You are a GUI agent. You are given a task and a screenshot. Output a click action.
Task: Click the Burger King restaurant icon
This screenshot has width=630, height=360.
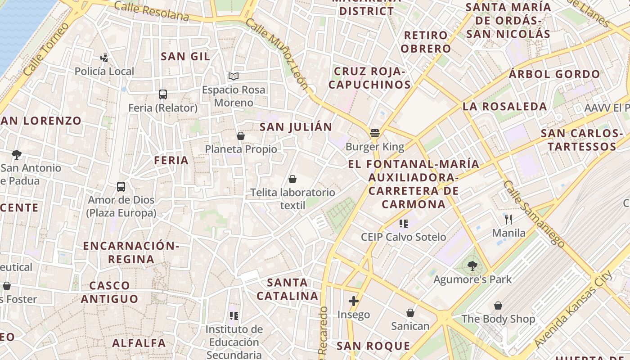pyautogui.click(x=374, y=133)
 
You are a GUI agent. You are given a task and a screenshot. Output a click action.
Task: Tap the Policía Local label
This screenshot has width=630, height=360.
pyautogui.click(x=104, y=71)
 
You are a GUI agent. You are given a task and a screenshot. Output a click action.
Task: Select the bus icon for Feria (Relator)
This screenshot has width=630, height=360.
pyautogui.click(x=163, y=94)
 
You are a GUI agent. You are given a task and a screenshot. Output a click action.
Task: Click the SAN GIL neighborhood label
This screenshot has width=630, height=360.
pyautogui.click(x=185, y=56)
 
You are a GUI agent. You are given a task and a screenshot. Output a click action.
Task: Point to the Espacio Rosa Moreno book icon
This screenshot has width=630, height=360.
pyautogui.click(x=233, y=76)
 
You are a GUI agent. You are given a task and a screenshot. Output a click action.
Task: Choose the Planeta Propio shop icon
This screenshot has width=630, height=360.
pyautogui.click(x=241, y=135)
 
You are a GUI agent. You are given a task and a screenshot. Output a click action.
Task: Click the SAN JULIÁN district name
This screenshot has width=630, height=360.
pyautogui.click(x=296, y=127)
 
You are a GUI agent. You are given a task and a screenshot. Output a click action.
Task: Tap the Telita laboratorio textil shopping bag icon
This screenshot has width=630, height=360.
pyautogui.click(x=292, y=179)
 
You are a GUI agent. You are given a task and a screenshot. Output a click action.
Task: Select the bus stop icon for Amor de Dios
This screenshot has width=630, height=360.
pyautogui.click(x=121, y=186)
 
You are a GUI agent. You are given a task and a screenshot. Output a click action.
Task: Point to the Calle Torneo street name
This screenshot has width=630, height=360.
pyautogui.click(x=46, y=49)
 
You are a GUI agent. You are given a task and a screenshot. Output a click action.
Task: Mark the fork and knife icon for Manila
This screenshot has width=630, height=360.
pyautogui.click(x=508, y=219)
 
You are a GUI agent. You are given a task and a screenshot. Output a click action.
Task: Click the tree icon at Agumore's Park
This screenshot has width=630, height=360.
pyautogui.click(x=472, y=266)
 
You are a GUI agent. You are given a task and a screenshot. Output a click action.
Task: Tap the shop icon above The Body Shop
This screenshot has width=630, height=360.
pyautogui.click(x=498, y=306)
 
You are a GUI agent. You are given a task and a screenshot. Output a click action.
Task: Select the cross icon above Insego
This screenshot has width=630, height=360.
pyautogui.click(x=354, y=301)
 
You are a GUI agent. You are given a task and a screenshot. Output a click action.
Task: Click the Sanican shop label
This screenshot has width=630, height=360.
pyautogui.click(x=410, y=326)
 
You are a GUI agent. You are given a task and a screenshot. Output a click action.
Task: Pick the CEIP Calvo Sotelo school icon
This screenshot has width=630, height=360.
pyautogui.click(x=403, y=223)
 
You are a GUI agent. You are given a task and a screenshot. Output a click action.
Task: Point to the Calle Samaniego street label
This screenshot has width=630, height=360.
pyautogui.click(x=534, y=214)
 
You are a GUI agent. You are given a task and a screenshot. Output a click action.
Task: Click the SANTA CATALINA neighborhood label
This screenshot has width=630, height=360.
pyautogui.click(x=288, y=289)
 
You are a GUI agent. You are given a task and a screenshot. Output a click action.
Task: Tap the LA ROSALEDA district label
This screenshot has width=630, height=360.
pyautogui.click(x=505, y=107)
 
